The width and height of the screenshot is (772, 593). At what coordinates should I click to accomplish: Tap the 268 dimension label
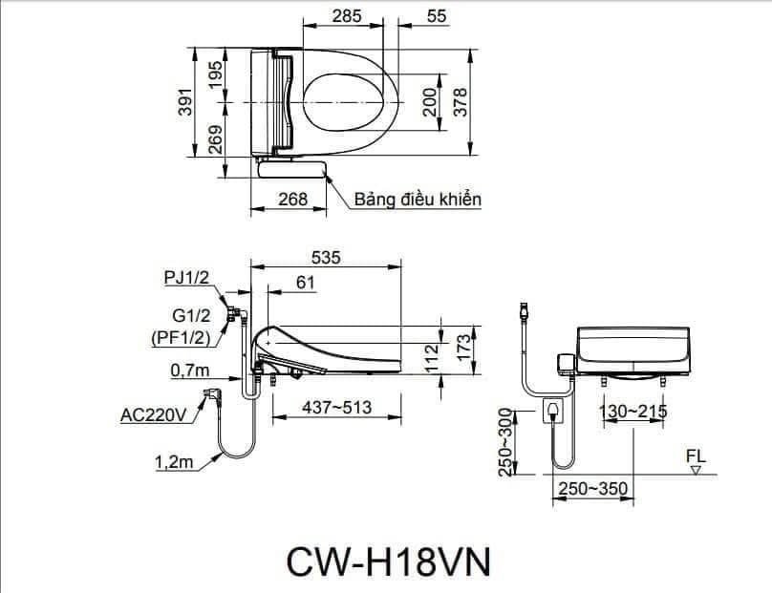(293, 199)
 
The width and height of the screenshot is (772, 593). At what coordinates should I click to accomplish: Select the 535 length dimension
(327, 256)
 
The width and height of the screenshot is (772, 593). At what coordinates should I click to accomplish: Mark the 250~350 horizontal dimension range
(594, 488)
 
